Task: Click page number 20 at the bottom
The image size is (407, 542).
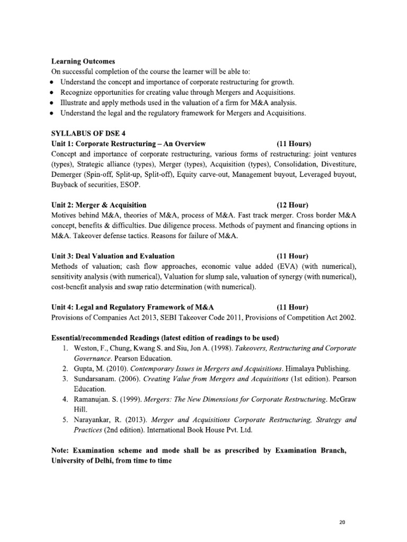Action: (342, 522)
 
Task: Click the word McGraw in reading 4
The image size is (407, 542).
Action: (341, 398)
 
